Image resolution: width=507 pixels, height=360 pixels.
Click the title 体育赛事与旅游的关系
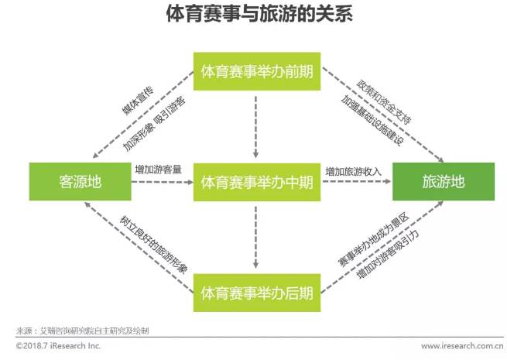(x=254, y=15)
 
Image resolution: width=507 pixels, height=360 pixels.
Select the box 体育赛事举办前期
(x=256, y=72)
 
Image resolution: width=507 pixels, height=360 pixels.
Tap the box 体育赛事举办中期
(x=256, y=183)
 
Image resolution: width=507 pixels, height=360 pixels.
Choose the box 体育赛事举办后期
(x=256, y=293)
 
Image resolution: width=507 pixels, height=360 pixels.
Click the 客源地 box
(x=80, y=183)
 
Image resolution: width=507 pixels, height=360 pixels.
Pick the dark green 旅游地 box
(x=444, y=183)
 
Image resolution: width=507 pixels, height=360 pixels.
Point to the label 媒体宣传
(x=138, y=101)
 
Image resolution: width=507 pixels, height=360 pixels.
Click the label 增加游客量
(x=158, y=170)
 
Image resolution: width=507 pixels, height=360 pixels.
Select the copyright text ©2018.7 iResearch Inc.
(x=57, y=346)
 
